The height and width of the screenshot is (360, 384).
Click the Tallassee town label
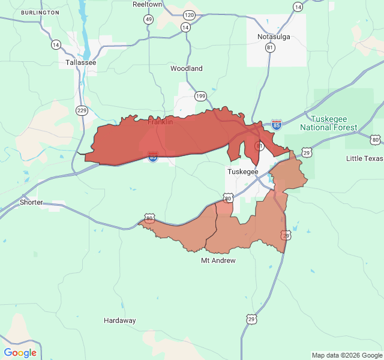click(81, 62)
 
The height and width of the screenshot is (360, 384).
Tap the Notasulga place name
click(274, 37)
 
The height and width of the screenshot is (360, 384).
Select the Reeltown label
click(147, 4)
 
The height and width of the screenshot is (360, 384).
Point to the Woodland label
click(187, 68)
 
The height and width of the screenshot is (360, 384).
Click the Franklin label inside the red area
click(160, 122)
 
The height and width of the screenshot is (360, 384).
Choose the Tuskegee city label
click(242, 172)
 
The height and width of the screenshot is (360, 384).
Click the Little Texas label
click(364, 158)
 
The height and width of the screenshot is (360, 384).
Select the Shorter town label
click(31, 202)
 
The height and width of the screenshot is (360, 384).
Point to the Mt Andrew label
click(218, 260)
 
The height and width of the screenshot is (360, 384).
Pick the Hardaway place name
click(119, 320)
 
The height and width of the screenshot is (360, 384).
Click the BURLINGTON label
click(40, 13)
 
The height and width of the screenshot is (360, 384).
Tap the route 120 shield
click(190, 15)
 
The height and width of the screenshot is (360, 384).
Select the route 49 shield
click(148, 20)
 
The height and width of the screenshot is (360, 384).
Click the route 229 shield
click(82, 110)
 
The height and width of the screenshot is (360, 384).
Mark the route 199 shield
click(200, 96)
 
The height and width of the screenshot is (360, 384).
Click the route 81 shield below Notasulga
click(270, 47)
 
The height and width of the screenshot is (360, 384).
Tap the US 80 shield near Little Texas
click(376, 140)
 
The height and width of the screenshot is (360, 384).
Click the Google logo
click(20, 353)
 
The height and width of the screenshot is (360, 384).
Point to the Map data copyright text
click(346, 355)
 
